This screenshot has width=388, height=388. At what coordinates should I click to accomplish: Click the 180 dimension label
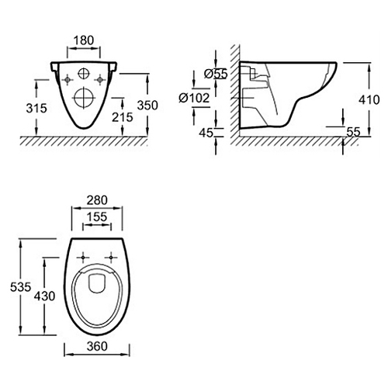click(84, 40)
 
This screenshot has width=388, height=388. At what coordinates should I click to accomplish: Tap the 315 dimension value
click(36, 108)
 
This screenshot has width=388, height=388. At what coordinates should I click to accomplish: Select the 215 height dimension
click(123, 117)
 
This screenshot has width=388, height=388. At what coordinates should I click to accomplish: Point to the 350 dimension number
click(147, 106)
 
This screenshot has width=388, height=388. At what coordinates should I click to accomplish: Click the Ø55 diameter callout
click(216, 74)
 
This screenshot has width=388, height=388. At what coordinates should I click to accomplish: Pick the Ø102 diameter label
click(194, 98)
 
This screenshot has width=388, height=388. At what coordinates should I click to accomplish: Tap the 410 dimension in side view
click(369, 99)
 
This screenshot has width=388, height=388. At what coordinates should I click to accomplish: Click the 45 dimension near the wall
click(206, 133)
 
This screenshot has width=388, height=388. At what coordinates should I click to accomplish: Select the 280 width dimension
click(97, 200)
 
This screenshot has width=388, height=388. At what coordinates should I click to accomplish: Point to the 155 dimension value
click(97, 217)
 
